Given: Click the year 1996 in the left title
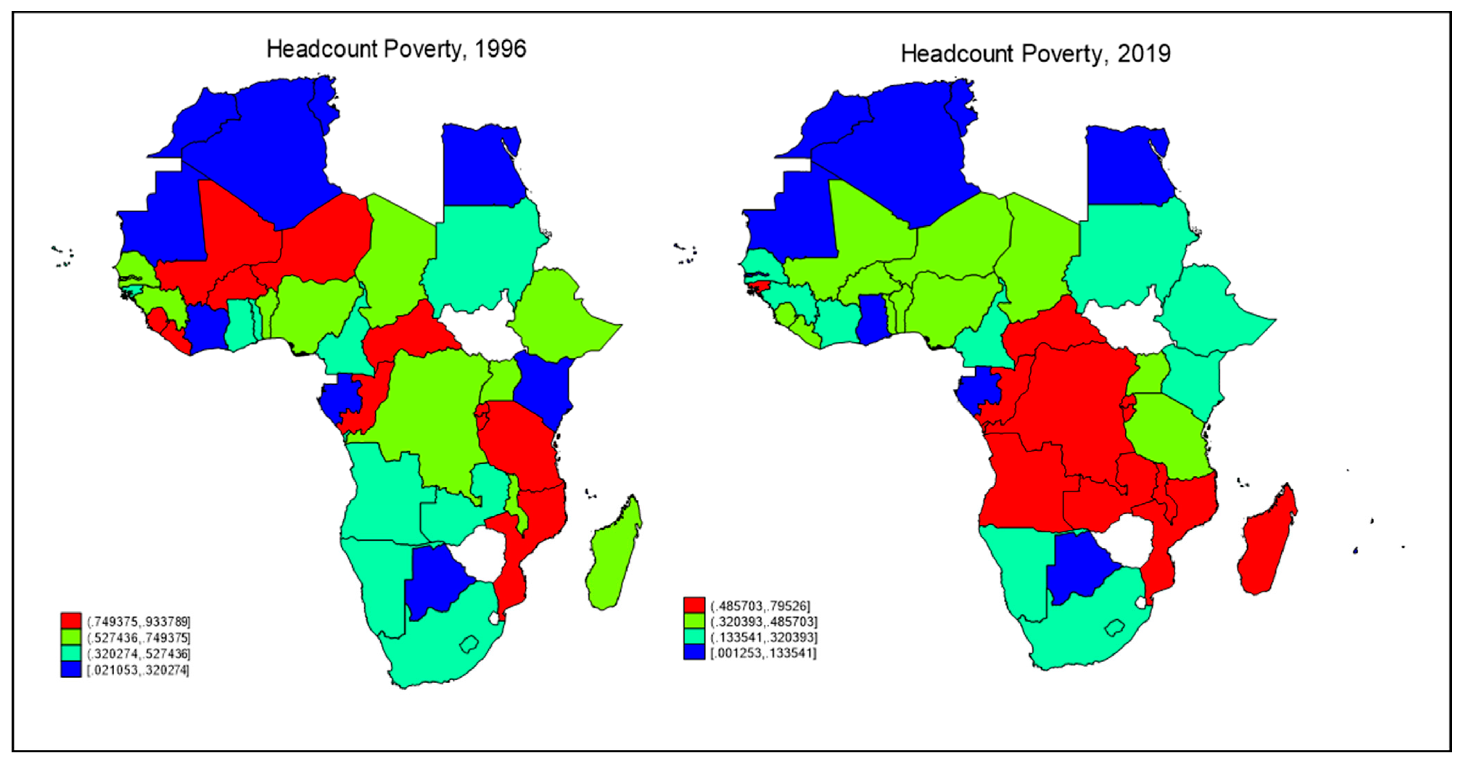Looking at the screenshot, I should click(x=500, y=49).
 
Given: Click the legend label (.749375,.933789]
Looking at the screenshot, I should click(x=139, y=622).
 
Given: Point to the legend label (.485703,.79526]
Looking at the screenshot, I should click(x=760, y=606).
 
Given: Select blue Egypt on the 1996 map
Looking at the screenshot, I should click(x=481, y=167).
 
